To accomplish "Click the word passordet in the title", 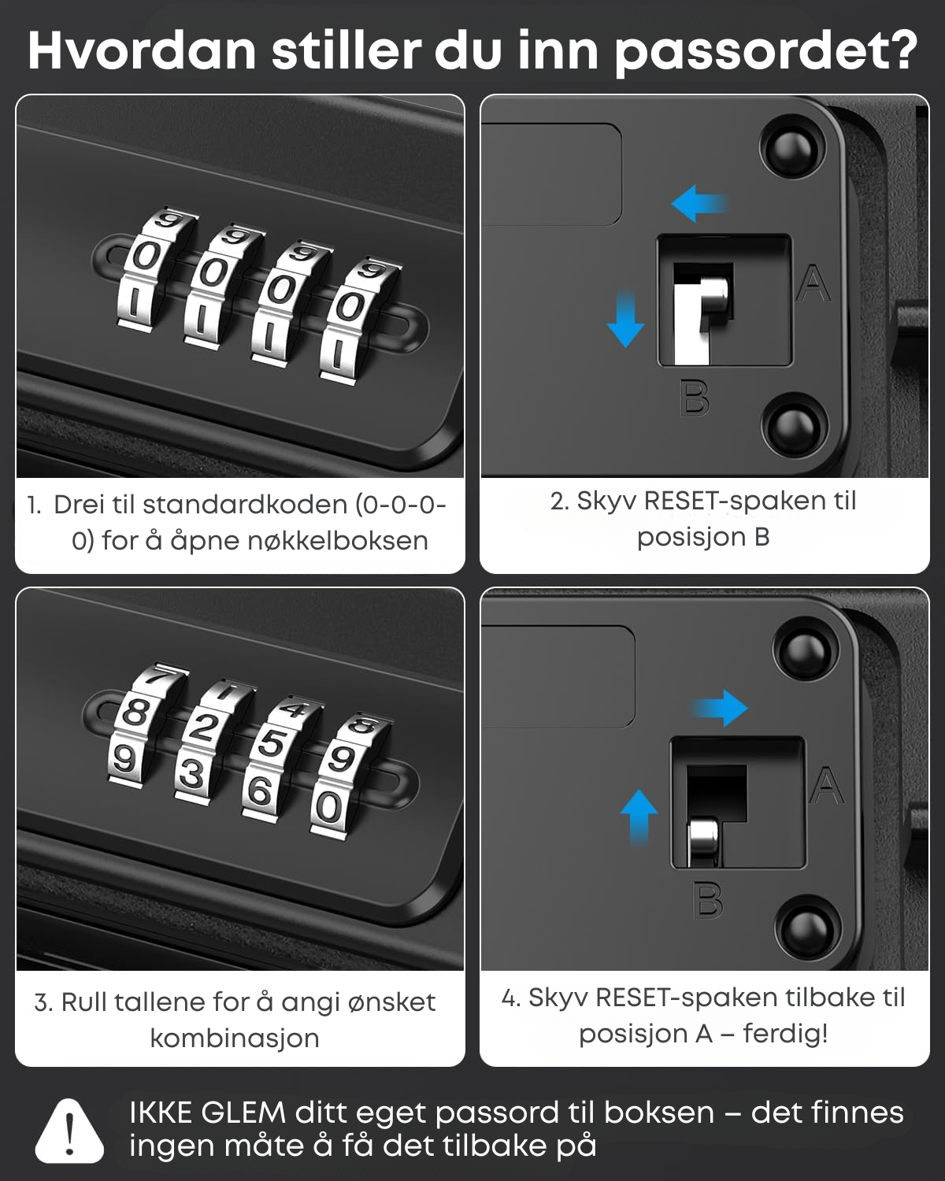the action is point(766,51).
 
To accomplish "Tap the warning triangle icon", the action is point(69,1131).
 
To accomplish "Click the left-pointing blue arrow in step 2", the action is point(699,204).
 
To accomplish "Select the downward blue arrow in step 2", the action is point(626,319).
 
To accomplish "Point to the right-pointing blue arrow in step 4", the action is point(719,708).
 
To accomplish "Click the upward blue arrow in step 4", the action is point(639,817).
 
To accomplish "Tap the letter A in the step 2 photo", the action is point(813,283).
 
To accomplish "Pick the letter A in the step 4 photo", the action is point(827,785).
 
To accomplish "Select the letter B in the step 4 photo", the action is point(708,899).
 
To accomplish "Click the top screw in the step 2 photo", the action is point(792,150).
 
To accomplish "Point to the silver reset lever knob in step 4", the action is point(703,839).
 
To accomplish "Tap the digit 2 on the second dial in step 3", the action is point(203,727).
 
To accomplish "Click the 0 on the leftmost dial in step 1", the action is point(144,257).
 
